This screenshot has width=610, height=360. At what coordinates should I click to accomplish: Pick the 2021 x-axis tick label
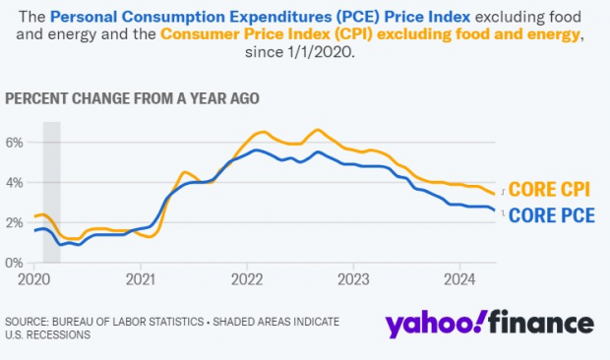coord(141,277)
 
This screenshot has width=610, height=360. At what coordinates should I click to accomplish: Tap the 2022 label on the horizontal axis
coord(247,277)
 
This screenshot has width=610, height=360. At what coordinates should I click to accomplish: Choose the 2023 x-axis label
coord(353,277)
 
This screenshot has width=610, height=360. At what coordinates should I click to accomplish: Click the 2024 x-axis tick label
coord(459,277)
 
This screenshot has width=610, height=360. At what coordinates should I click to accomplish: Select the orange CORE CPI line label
coord(550,190)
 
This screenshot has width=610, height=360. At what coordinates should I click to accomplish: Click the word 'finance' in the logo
coord(541,324)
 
